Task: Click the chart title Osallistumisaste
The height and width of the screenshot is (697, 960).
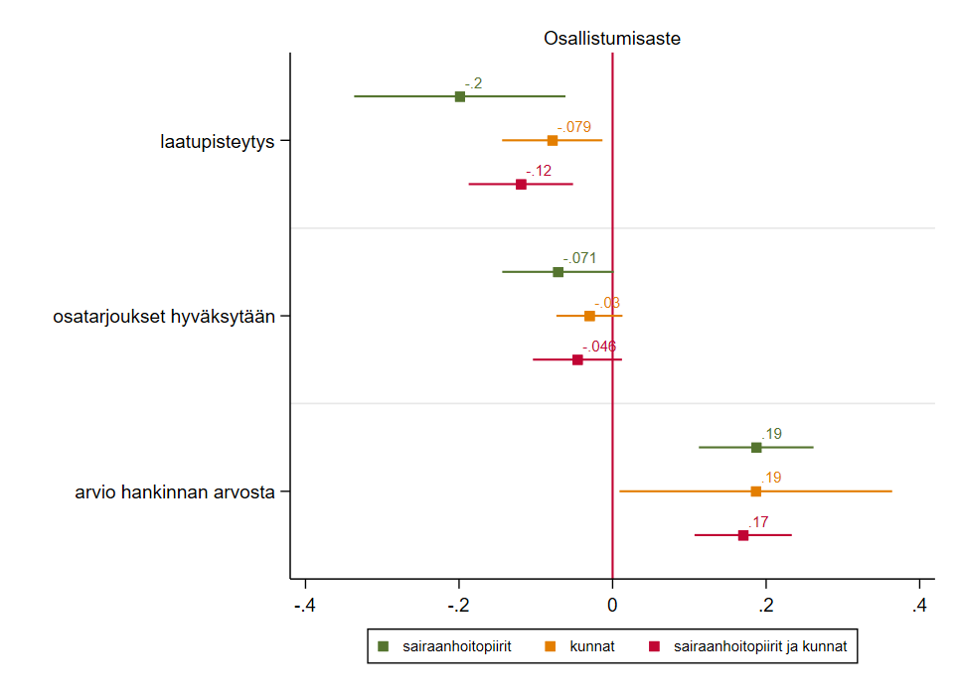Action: point(611,39)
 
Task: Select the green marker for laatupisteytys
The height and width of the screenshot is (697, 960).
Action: point(460,96)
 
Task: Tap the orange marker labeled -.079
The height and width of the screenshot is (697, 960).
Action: point(553,140)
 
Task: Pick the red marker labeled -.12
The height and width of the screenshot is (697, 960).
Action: point(521,185)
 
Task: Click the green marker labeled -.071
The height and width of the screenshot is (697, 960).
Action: point(558,272)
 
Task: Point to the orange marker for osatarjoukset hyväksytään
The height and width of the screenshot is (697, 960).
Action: point(589,316)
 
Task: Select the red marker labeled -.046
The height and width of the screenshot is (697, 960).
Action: point(577,359)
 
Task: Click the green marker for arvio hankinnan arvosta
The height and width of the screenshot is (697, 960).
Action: point(756,448)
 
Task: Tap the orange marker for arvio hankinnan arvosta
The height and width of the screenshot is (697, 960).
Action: point(755,491)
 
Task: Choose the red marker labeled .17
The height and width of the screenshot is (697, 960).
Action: point(743,535)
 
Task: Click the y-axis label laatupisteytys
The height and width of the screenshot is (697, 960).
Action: point(217,141)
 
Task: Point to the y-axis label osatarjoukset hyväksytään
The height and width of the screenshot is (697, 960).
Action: point(163,317)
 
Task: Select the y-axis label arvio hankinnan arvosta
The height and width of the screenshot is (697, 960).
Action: point(175,491)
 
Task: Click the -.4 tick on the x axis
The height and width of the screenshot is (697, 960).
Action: point(304,606)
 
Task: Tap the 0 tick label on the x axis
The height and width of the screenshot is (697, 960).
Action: point(612,606)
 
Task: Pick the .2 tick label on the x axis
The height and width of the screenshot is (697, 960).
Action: point(765,606)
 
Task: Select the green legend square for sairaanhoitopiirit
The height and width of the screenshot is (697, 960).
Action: point(384,646)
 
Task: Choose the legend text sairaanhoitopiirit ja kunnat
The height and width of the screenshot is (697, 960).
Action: point(760,646)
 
